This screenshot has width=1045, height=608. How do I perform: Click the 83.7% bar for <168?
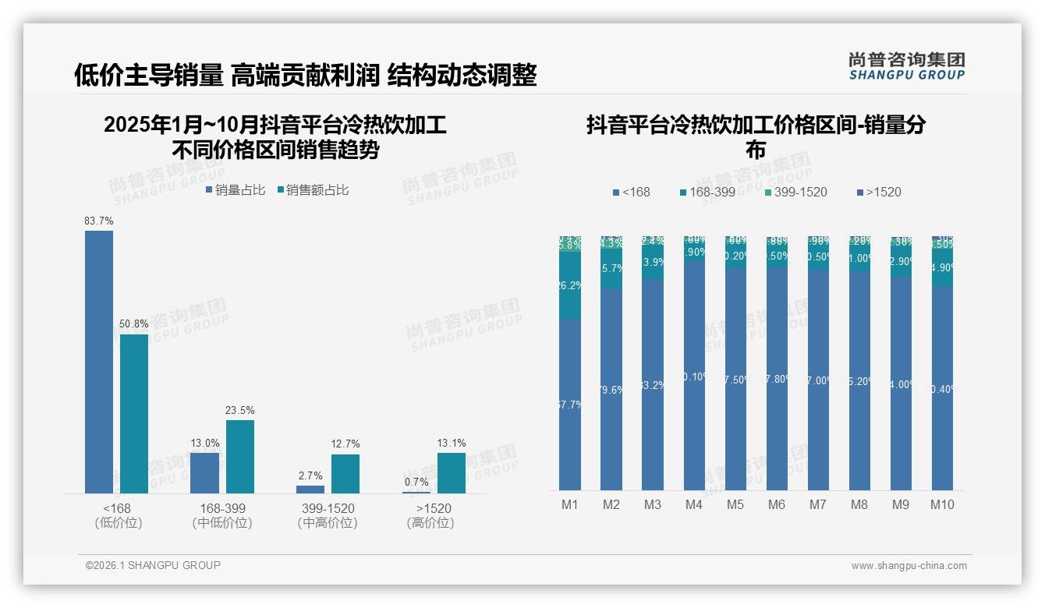pos(99,362)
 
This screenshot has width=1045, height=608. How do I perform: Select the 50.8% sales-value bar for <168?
pos(134,414)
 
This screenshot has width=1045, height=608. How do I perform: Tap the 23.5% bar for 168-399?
pos(240,457)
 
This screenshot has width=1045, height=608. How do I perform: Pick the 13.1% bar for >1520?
pos(451,473)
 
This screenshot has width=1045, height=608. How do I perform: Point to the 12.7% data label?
pos(345,444)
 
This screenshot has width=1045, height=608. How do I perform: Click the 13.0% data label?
pos(205,443)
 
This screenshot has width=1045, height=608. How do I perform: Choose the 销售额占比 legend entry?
pos(313,190)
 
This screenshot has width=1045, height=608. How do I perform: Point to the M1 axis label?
pos(570,505)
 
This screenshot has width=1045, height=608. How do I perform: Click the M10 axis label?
pos(942,505)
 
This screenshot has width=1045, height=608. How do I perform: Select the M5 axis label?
pos(735,505)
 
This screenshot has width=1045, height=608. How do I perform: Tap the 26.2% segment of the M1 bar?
pos(570,285)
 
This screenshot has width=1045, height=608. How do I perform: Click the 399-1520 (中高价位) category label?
pos(328,516)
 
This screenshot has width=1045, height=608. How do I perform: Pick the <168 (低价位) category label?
pos(119,516)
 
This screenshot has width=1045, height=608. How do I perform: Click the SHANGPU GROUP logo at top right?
pos(906,66)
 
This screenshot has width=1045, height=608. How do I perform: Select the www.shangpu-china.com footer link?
pos(909,566)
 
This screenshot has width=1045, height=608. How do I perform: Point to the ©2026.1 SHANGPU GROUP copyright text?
pos(153,565)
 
